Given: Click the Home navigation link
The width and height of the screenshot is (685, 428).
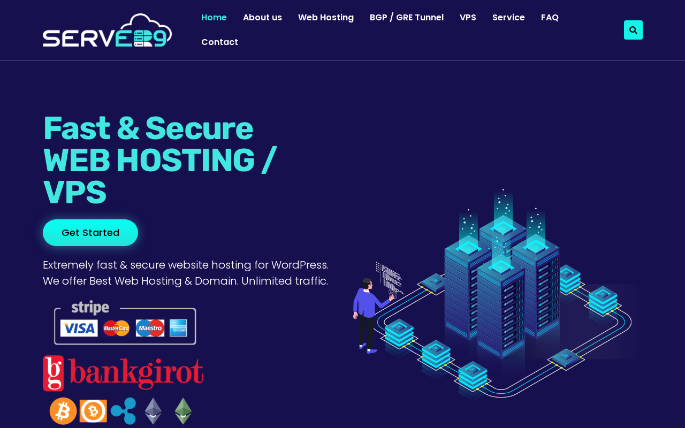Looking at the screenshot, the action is [214, 18].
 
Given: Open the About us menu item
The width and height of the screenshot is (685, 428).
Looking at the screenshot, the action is [262, 18].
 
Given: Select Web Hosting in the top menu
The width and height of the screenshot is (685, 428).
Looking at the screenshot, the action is [326, 18].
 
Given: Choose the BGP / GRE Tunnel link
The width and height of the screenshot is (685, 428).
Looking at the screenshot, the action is [406, 18].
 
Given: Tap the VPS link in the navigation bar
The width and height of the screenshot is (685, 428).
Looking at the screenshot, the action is [468, 18].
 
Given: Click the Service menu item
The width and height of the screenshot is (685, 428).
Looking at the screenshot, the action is [508, 18].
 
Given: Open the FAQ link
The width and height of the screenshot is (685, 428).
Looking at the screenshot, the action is [550, 18].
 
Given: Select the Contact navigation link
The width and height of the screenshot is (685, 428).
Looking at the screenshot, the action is [219, 42].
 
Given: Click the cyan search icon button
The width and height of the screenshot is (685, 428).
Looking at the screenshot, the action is [633, 30].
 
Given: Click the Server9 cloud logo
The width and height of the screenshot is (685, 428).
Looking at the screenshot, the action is [107, 30].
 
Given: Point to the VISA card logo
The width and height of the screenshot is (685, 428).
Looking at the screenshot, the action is [79, 328].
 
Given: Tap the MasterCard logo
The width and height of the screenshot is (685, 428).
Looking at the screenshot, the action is [116, 328].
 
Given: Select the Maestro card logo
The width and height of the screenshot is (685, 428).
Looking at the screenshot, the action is [150, 328].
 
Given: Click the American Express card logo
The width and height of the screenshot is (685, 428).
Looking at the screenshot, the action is [178, 328].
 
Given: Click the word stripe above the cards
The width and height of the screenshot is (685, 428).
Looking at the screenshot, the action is [90, 308].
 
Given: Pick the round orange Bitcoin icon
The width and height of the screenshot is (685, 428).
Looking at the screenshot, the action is [63, 411].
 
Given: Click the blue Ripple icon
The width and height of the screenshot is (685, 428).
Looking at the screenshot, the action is [123, 411].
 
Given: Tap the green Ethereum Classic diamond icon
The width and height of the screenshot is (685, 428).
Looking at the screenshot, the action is [183, 411].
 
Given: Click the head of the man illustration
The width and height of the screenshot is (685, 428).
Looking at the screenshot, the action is [367, 284].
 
